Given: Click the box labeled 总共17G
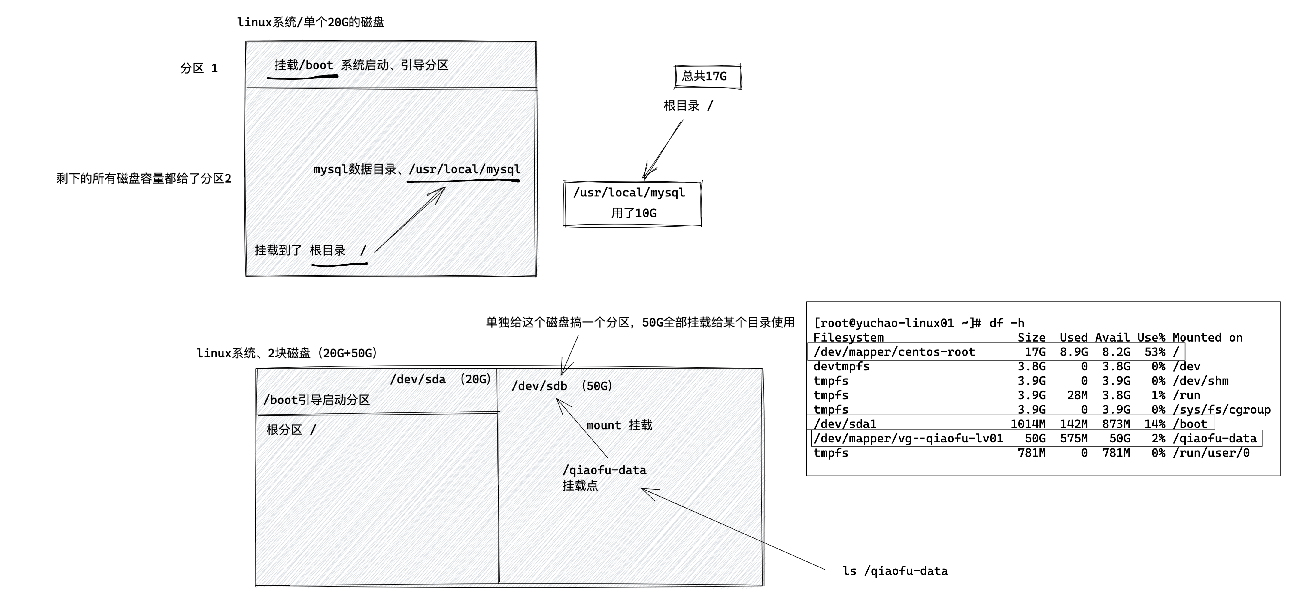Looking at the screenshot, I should pyautogui.click(x=707, y=77).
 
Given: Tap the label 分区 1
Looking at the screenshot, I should pyautogui.click(x=199, y=68).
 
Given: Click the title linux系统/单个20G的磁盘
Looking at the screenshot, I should pyautogui.click(x=311, y=22).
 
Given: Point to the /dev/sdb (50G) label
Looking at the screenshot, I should pyautogui.click(x=562, y=386).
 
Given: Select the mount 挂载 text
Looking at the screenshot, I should pyautogui.click(x=619, y=425).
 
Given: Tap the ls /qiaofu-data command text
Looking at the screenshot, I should pyautogui.click(x=895, y=571).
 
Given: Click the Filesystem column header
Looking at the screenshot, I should pyautogui.click(x=848, y=338).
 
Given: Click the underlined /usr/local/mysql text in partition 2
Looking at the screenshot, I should pyautogui.click(x=464, y=169).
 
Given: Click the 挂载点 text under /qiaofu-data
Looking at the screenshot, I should pyautogui.click(x=580, y=486).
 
